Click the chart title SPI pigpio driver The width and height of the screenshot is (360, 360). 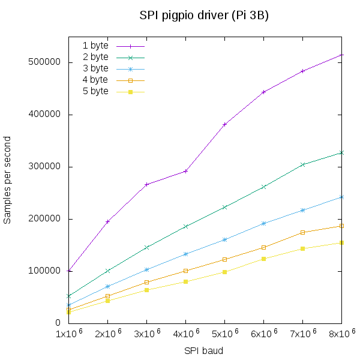(x=204, y=16)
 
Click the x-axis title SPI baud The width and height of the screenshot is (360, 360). (x=204, y=350)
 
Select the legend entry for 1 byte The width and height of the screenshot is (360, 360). (x=95, y=46)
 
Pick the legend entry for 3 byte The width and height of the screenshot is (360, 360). (x=95, y=68)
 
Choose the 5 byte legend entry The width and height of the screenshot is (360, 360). (x=95, y=91)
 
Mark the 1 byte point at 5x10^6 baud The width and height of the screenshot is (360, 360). (x=224, y=124)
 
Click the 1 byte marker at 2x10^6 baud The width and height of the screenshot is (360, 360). (x=107, y=221)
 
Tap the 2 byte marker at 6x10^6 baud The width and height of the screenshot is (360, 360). (x=263, y=187)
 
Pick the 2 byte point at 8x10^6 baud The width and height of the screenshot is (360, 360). (x=341, y=152)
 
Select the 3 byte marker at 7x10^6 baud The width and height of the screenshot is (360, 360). (x=302, y=210)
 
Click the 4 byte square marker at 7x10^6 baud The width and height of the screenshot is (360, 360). (x=302, y=232)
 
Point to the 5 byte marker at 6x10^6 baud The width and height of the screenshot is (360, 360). (x=263, y=259)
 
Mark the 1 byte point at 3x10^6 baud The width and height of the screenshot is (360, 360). (x=146, y=184)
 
